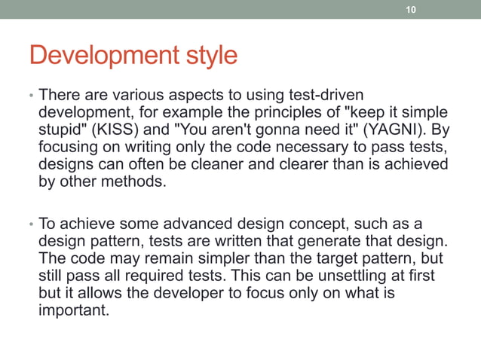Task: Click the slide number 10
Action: tap(410, 10)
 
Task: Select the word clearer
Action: tap(313, 164)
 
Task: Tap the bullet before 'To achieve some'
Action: tap(31, 225)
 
